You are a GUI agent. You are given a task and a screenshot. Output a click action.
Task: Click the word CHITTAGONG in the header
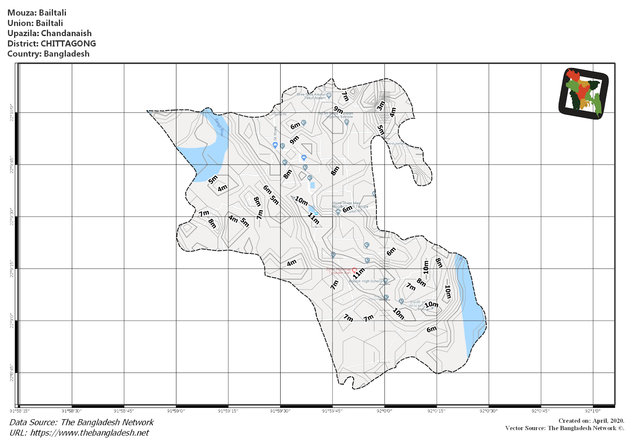(x=68, y=44)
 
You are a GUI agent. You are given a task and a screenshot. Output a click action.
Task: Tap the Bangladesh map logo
(x=584, y=94)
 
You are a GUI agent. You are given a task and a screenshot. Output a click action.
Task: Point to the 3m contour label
(x=380, y=106)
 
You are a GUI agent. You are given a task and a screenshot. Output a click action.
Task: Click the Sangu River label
(x=219, y=127)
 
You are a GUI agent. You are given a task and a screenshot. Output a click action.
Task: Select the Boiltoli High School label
(x=365, y=281)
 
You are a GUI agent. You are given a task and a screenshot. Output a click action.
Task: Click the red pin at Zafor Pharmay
(x=355, y=270)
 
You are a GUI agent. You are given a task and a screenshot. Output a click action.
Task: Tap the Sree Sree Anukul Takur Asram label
(x=311, y=96)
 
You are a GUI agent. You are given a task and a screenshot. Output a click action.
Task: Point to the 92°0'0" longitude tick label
(x=384, y=411)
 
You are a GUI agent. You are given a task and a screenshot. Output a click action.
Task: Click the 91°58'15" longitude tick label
(x=19, y=411)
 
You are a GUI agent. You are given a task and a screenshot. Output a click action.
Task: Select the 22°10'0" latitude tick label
(x=12, y=113)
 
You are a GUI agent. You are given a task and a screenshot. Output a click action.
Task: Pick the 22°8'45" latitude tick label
(x=12, y=373)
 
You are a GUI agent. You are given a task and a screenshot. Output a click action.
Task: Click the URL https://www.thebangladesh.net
(x=89, y=433)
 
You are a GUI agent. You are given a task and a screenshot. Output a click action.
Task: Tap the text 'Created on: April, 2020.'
(x=591, y=421)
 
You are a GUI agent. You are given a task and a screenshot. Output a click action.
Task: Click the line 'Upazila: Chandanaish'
(x=49, y=33)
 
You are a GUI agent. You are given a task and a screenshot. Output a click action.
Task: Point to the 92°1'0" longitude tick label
(x=593, y=411)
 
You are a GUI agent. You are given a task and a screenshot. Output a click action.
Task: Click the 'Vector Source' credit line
(x=564, y=428)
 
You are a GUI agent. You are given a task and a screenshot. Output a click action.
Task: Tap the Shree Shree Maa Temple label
(x=350, y=205)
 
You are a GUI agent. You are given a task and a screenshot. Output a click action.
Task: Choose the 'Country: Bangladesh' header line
(x=48, y=54)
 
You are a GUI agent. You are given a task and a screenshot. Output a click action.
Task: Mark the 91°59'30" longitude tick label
(x=280, y=411)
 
